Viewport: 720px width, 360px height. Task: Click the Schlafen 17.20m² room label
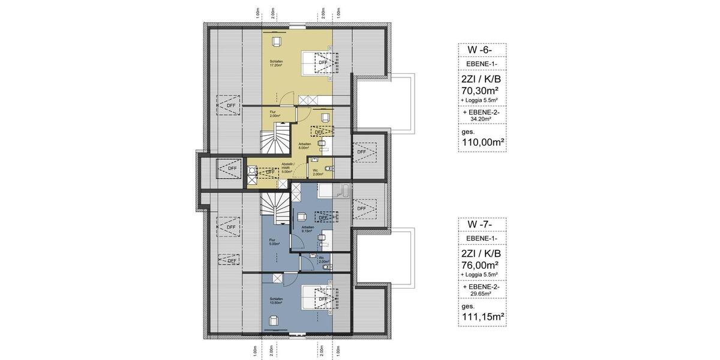pos(276,63)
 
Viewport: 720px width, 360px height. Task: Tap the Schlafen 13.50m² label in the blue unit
pos(277,301)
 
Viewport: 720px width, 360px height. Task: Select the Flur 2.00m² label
pos(272,114)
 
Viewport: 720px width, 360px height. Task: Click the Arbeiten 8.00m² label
pos(305,146)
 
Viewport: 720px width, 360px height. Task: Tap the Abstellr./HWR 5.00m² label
pos(287,169)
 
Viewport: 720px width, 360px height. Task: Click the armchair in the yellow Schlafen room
pos(277,41)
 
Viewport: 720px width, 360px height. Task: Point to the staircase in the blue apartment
pos(275,207)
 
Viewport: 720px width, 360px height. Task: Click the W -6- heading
pos(482,50)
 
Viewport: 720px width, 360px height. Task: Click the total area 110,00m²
pos(482,143)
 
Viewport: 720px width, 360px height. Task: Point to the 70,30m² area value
pos(482,90)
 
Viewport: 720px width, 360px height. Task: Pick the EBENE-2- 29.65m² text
pos(482,290)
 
